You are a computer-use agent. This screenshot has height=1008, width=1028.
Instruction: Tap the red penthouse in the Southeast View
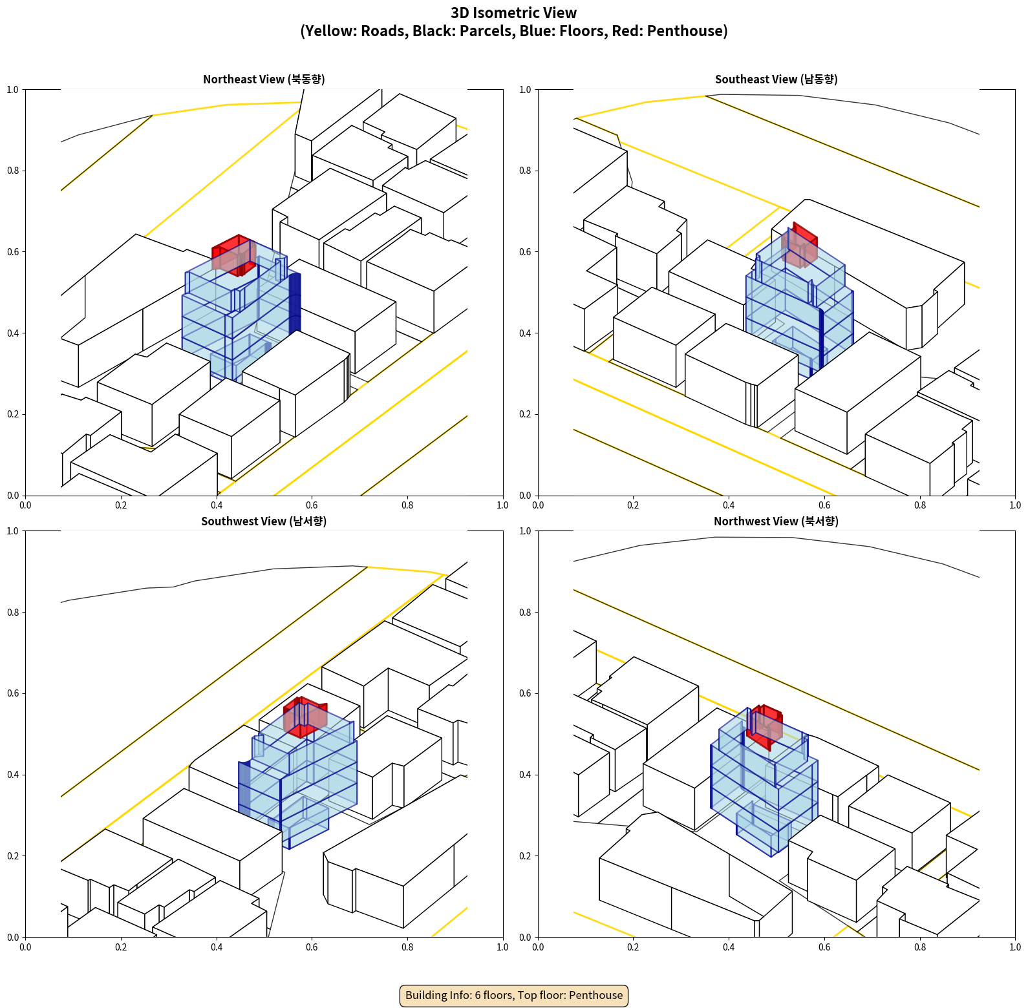tap(800, 246)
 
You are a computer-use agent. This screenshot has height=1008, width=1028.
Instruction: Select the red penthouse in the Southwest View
tap(305, 716)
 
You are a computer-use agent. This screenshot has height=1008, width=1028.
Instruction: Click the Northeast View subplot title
tap(264, 79)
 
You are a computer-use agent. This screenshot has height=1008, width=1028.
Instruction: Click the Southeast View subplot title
tap(776, 79)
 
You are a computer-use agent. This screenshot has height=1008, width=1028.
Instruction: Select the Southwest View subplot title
tap(264, 521)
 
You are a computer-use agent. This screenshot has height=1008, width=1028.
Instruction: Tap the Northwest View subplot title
tap(776, 521)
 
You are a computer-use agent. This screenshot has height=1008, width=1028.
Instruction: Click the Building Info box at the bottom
tap(514, 995)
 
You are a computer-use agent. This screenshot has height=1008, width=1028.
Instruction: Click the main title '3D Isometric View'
tap(514, 13)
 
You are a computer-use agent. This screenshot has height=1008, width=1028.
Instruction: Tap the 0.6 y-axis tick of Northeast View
tap(13, 252)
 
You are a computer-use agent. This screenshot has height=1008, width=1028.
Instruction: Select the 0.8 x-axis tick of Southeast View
tap(920, 505)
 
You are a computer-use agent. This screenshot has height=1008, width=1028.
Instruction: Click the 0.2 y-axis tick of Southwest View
tap(13, 856)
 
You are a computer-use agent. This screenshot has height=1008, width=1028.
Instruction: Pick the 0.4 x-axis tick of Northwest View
tap(729, 947)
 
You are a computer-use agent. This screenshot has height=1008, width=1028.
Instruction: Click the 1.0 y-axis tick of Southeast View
tap(525, 90)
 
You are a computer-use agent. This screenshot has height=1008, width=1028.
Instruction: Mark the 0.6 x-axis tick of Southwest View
tap(312, 947)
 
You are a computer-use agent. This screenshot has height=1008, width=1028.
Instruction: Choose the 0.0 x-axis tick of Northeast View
tap(25, 505)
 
